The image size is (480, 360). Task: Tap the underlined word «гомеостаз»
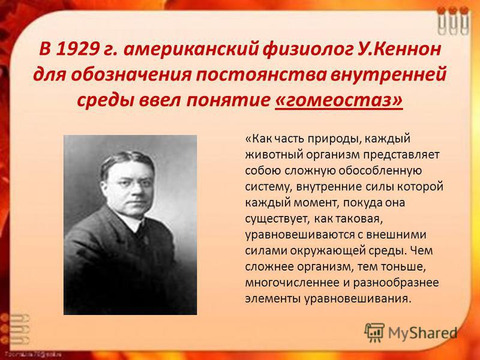tap(339, 100)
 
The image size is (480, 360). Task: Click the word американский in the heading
tap(191, 49)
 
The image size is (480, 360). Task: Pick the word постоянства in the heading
tap(261, 74)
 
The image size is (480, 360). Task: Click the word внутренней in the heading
tap(388, 74)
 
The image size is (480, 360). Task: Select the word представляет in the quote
tap(401, 155)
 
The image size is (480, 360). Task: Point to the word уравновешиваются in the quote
tap(299, 235)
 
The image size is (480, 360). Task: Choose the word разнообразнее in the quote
tap(396, 283)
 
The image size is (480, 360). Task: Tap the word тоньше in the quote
tap(403, 266)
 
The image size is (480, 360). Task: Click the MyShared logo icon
tap(374, 332)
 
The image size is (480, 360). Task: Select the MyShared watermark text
tap(422, 334)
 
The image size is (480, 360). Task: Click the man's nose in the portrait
tap(133, 192)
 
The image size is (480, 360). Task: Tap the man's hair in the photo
tap(127, 161)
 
